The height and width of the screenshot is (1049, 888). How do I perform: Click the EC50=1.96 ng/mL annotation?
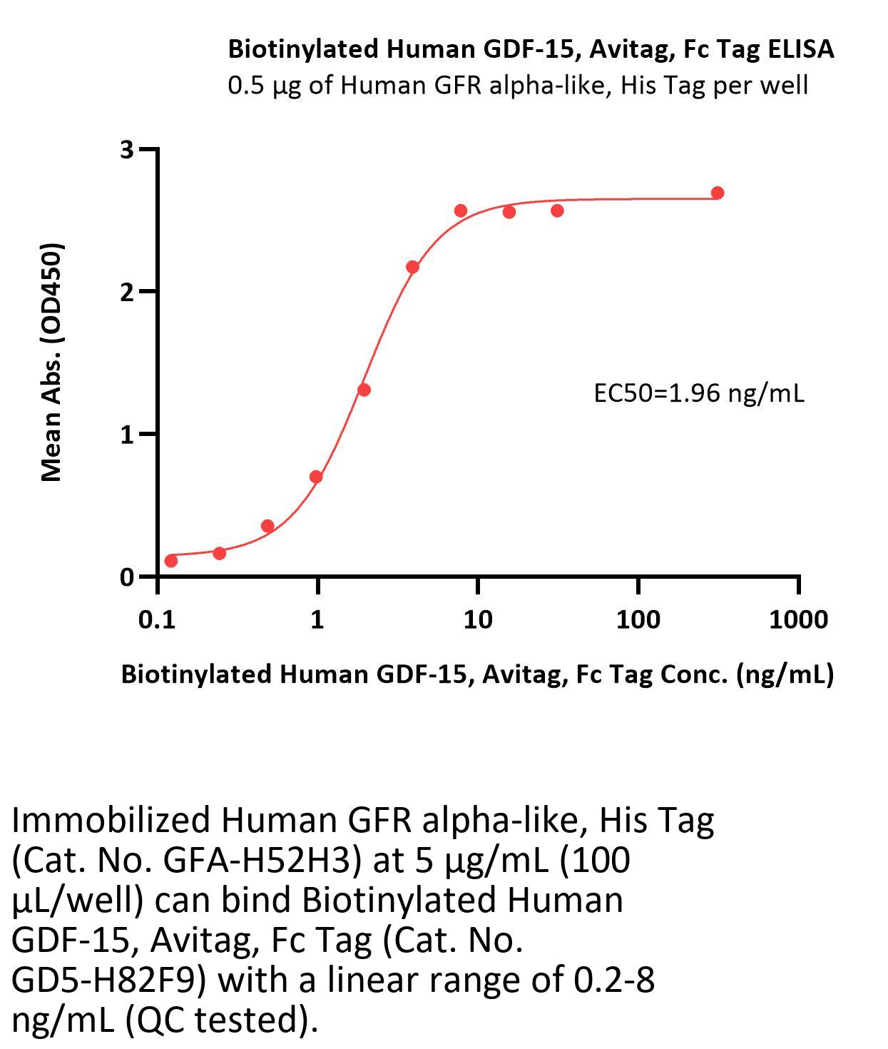(x=698, y=393)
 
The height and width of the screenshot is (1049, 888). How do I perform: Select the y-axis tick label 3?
(x=127, y=150)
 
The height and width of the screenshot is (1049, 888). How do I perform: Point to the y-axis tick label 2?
(x=127, y=292)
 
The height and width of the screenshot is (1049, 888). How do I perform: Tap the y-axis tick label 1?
(x=127, y=434)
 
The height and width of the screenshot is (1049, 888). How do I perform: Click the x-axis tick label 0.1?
(x=157, y=619)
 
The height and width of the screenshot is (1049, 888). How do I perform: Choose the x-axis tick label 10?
(x=477, y=619)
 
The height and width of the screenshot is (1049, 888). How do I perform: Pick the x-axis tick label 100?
(x=638, y=619)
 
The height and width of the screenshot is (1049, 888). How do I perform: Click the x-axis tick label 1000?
(x=798, y=619)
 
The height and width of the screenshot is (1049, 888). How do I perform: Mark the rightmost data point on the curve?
(x=718, y=193)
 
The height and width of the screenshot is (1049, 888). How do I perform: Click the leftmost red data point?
(x=171, y=561)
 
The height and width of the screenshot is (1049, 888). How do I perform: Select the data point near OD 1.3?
(x=364, y=390)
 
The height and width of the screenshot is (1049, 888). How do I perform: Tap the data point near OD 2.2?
(x=412, y=267)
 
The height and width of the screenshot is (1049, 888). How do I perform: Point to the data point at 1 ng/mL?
(x=316, y=477)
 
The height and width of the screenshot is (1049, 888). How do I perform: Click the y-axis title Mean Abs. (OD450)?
(x=52, y=363)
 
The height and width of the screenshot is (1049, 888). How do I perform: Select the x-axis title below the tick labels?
(x=477, y=674)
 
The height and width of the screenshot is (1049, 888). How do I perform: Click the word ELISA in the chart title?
(x=800, y=49)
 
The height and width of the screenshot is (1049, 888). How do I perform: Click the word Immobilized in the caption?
(x=111, y=821)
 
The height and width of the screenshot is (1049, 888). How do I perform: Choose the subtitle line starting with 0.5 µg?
(x=518, y=86)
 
